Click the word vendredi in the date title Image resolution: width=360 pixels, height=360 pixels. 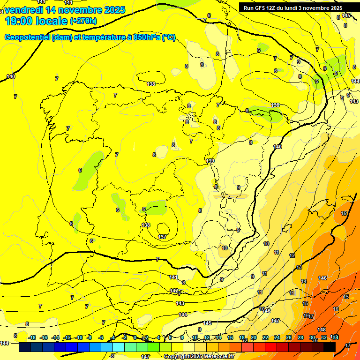tap(25, 10)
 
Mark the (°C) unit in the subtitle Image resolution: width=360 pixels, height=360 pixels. tap(168, 37)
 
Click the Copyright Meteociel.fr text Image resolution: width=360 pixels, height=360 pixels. tap(199, 357)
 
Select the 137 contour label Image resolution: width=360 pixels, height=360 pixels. tap(163, 237)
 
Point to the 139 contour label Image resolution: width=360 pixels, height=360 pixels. tap(210, 161)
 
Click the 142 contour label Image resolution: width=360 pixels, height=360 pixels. tap(174, 291)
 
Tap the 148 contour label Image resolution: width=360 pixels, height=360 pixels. tap(322, 330)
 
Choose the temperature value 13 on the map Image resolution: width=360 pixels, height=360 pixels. tap(299, 267)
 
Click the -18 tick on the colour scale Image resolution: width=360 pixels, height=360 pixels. tap(32, 337)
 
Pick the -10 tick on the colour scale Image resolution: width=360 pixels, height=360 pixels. tap(78, 337)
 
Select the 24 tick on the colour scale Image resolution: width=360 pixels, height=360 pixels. tap(277, 337)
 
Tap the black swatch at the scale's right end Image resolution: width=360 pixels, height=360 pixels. tap(329, 347)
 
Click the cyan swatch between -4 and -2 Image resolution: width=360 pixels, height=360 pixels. tap(118, 347)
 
